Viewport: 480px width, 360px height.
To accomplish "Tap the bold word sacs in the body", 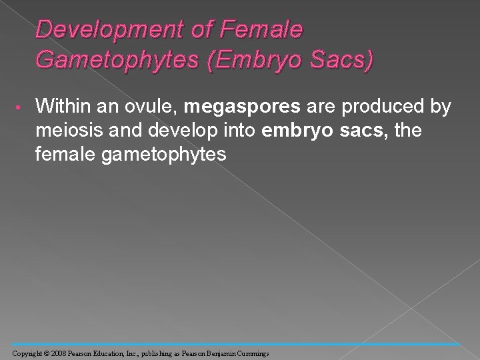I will coord(361,130).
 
